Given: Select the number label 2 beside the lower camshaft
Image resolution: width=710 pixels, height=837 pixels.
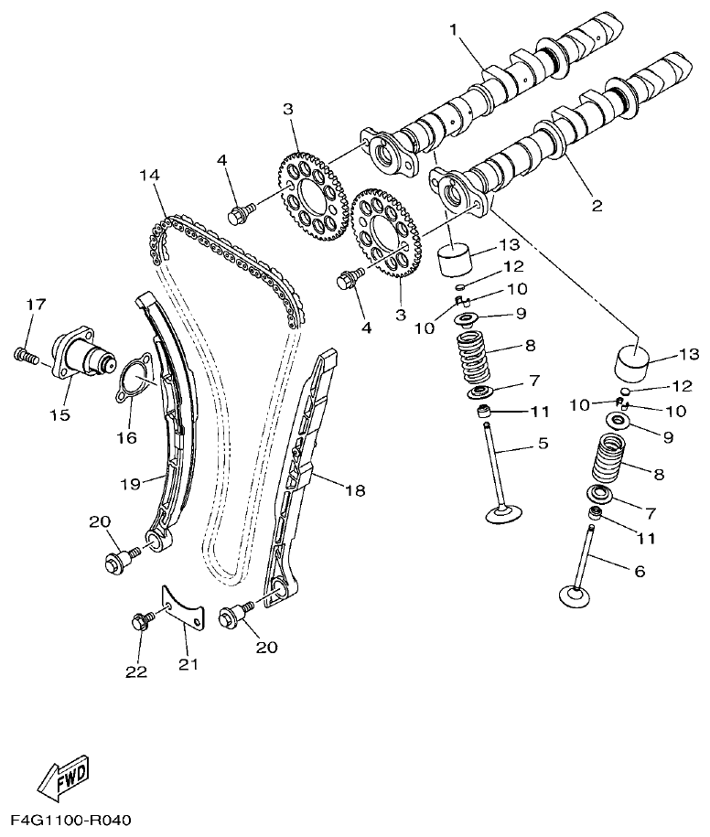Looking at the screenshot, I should (x=597, y=205).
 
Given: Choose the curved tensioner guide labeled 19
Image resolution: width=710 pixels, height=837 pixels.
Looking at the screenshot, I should (x=172, y=421).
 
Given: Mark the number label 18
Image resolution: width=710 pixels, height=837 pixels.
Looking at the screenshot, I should (x=354, y=491).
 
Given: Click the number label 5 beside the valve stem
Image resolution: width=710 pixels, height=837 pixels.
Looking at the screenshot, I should (x=543, y=445).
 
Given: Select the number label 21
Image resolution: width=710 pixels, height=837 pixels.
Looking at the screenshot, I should (x=188, y=664).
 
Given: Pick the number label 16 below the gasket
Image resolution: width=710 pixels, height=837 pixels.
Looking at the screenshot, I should (x=125, y=437).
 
